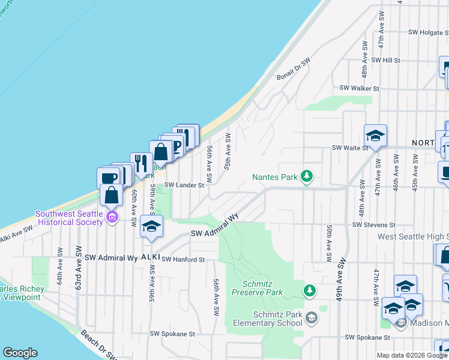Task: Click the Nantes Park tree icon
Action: click(307, 176)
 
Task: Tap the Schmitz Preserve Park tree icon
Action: click(310, 291)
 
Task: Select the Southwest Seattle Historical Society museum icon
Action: click(112, 217)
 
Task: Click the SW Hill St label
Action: click(385, 60)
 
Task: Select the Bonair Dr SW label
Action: click(293, 70)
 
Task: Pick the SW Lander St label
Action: click(184, 185)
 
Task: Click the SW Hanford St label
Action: click(184, 259)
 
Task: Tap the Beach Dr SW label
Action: click(98, 345)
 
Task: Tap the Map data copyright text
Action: click(412, 355)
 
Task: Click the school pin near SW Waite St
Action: click(375, 136)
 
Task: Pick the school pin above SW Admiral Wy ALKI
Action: click(151, 227)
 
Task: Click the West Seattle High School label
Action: click(413, 236)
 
